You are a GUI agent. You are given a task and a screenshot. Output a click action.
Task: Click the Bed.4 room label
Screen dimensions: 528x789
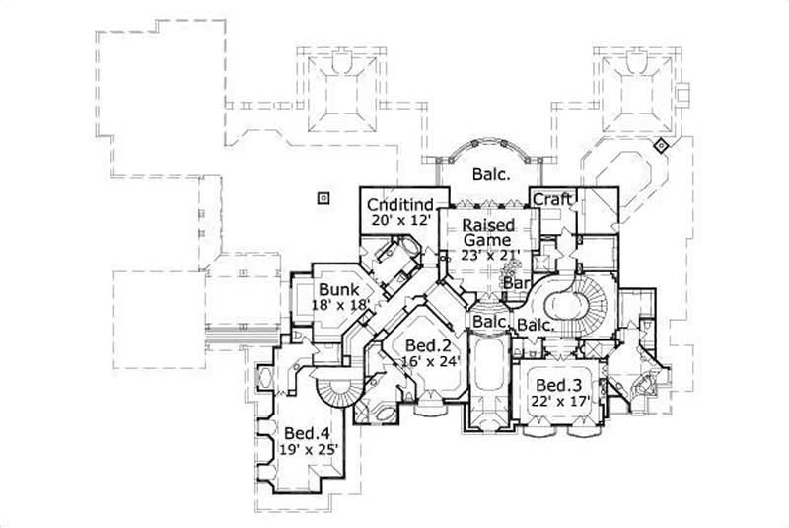pos(306,433)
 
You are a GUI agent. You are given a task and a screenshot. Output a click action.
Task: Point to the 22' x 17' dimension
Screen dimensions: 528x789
pos(558,402)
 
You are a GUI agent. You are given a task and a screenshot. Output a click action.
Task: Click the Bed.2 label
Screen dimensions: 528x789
pos(430,345)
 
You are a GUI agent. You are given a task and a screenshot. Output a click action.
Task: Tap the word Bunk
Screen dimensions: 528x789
pos(337,289)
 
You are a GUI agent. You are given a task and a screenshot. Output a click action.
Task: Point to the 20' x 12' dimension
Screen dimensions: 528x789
pos(395,222)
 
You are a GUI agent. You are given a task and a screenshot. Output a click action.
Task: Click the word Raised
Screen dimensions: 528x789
pos(487,224)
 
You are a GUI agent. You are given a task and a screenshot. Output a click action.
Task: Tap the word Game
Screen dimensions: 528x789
pos(489,239)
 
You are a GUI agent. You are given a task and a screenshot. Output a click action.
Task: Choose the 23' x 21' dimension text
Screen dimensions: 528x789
pos(490,254)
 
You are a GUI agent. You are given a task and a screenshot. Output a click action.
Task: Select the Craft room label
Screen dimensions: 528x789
pos(552,199)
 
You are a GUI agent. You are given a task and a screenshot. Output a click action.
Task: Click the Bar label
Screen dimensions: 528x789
pos(517,284)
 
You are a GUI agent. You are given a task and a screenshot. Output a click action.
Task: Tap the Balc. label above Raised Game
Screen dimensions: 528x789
pos(490,175)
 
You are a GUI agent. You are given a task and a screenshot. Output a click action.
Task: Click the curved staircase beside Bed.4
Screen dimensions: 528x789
pos(336,389)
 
